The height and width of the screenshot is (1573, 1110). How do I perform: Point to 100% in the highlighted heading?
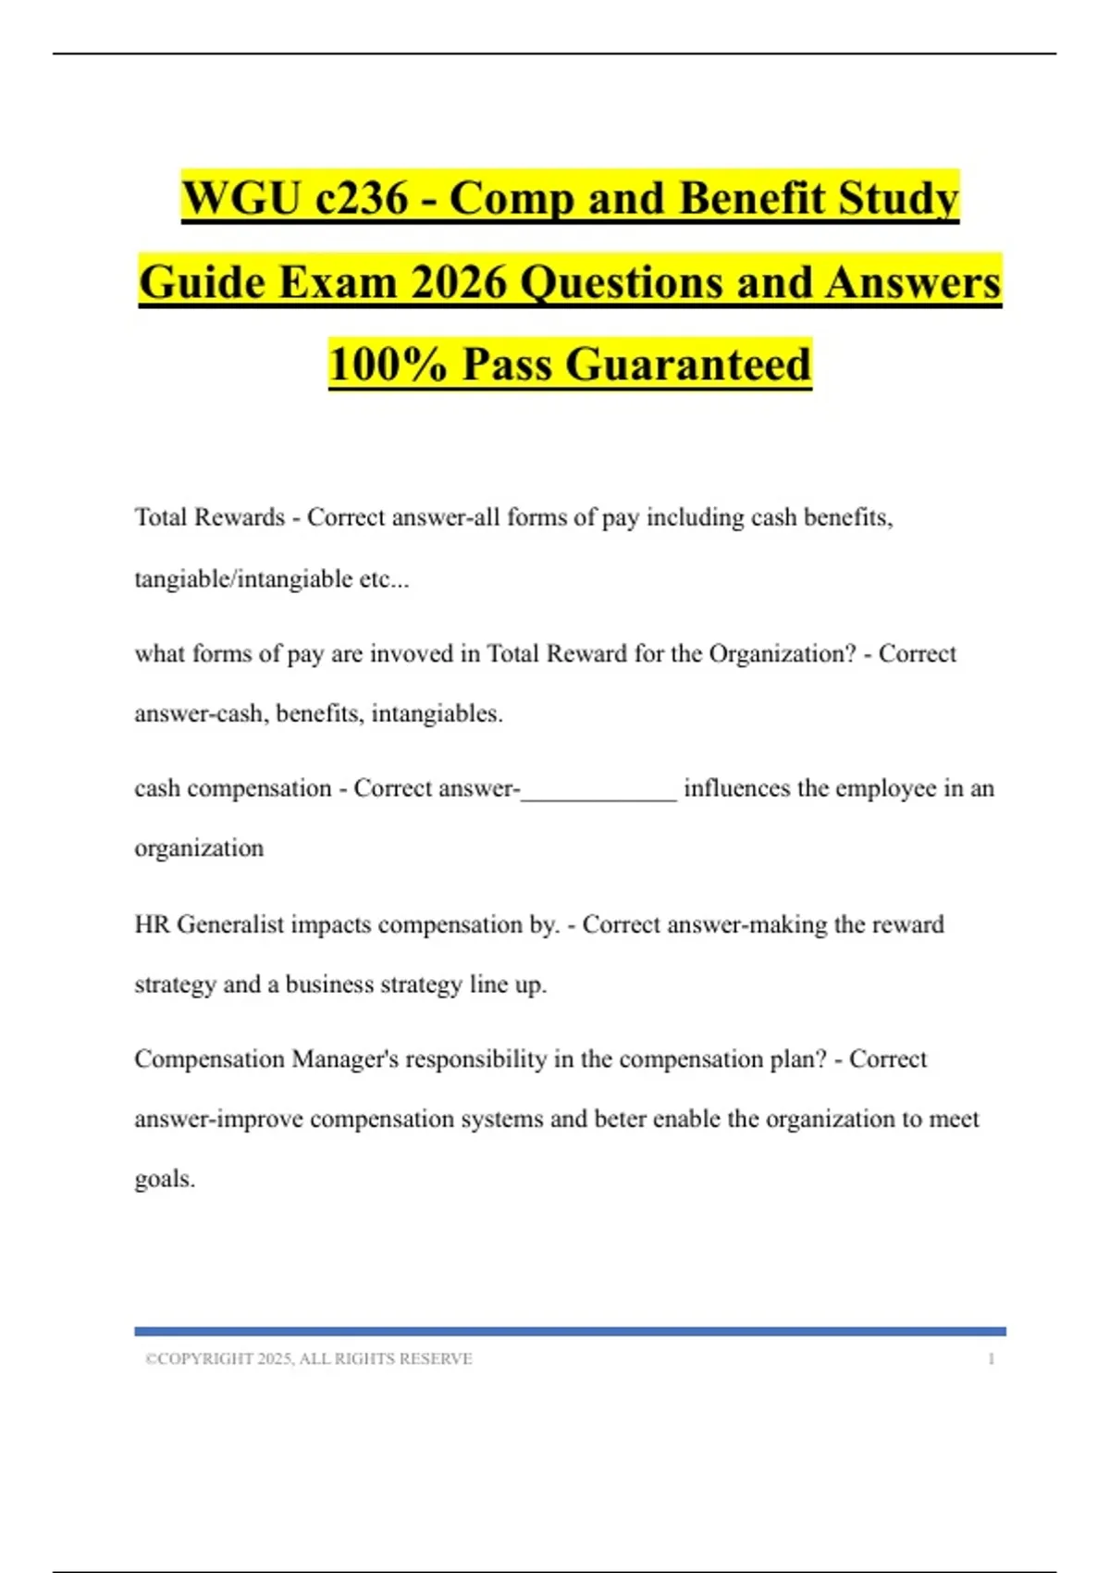388,365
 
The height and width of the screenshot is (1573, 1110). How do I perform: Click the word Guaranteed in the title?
688,365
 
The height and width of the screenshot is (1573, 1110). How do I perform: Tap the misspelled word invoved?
412,654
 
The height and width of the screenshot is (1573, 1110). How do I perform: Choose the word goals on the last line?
163,1180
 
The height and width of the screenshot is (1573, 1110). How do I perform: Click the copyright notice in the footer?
309,1358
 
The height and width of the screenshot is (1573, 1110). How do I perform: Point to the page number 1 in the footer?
991,1358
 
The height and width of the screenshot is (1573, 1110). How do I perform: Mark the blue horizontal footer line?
570,1331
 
